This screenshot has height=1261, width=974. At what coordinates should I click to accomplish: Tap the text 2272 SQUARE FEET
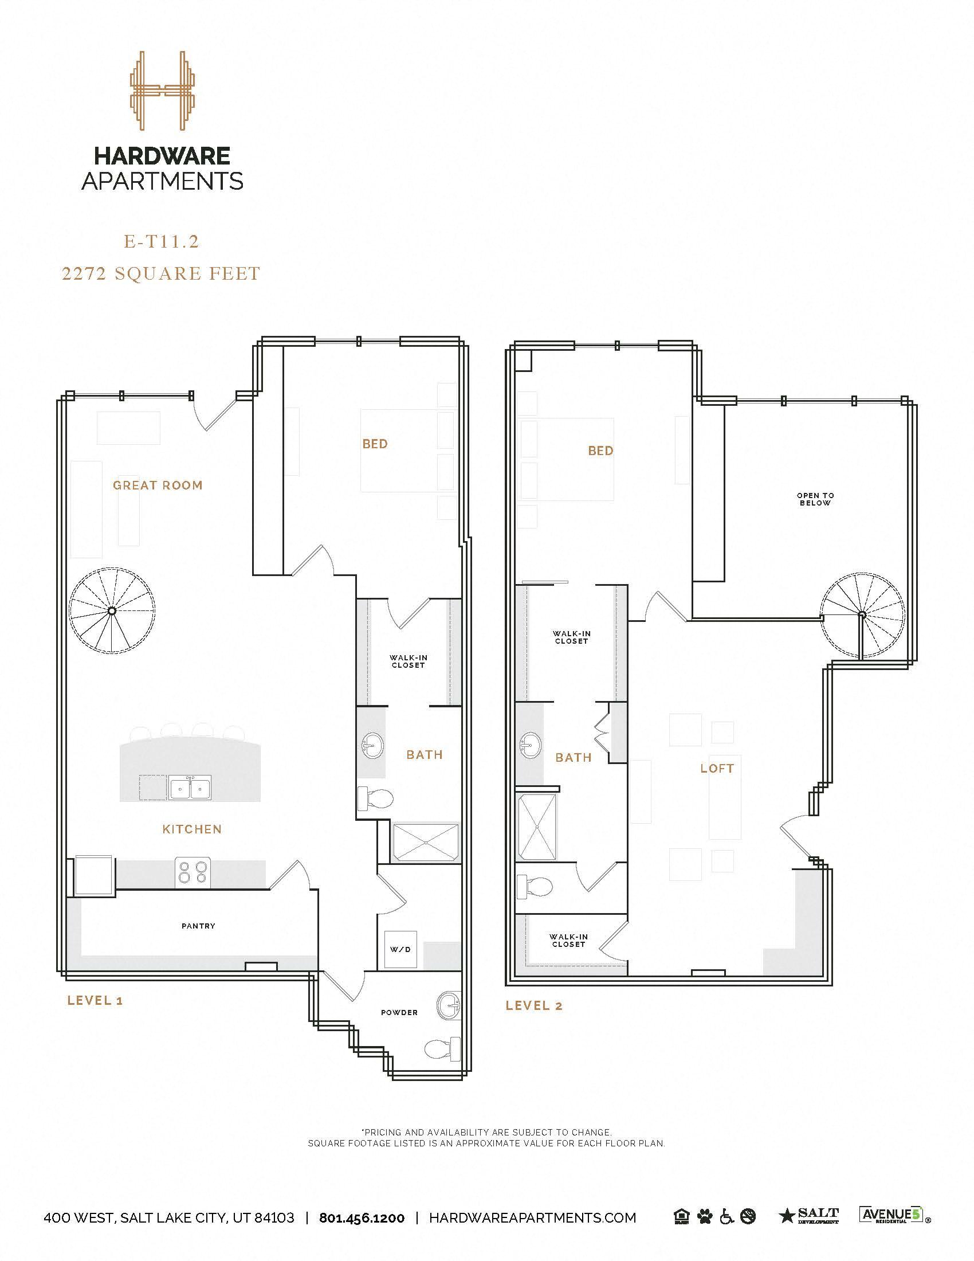[161, 273]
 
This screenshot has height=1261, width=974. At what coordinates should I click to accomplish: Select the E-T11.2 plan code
[162, 242]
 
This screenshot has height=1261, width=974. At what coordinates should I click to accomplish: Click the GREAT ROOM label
[158, 485]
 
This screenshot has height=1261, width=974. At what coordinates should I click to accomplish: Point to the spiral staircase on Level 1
[112, 610]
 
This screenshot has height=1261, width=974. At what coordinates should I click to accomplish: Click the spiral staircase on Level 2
[863, 615]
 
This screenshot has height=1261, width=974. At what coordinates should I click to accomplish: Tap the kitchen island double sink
[190, 787]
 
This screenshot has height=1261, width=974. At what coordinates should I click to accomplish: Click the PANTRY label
[198, 926]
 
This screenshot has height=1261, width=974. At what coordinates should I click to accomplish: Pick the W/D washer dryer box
[400, 949]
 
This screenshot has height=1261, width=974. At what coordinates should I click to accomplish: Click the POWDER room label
[399, 1013]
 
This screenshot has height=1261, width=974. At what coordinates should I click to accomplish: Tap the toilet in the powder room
[441, 1050]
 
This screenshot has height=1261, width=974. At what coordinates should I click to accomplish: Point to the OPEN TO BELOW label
[815, 499]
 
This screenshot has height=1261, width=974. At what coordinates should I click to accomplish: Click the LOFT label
[717, 769]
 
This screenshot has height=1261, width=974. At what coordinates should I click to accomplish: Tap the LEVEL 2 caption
[534, 1006]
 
